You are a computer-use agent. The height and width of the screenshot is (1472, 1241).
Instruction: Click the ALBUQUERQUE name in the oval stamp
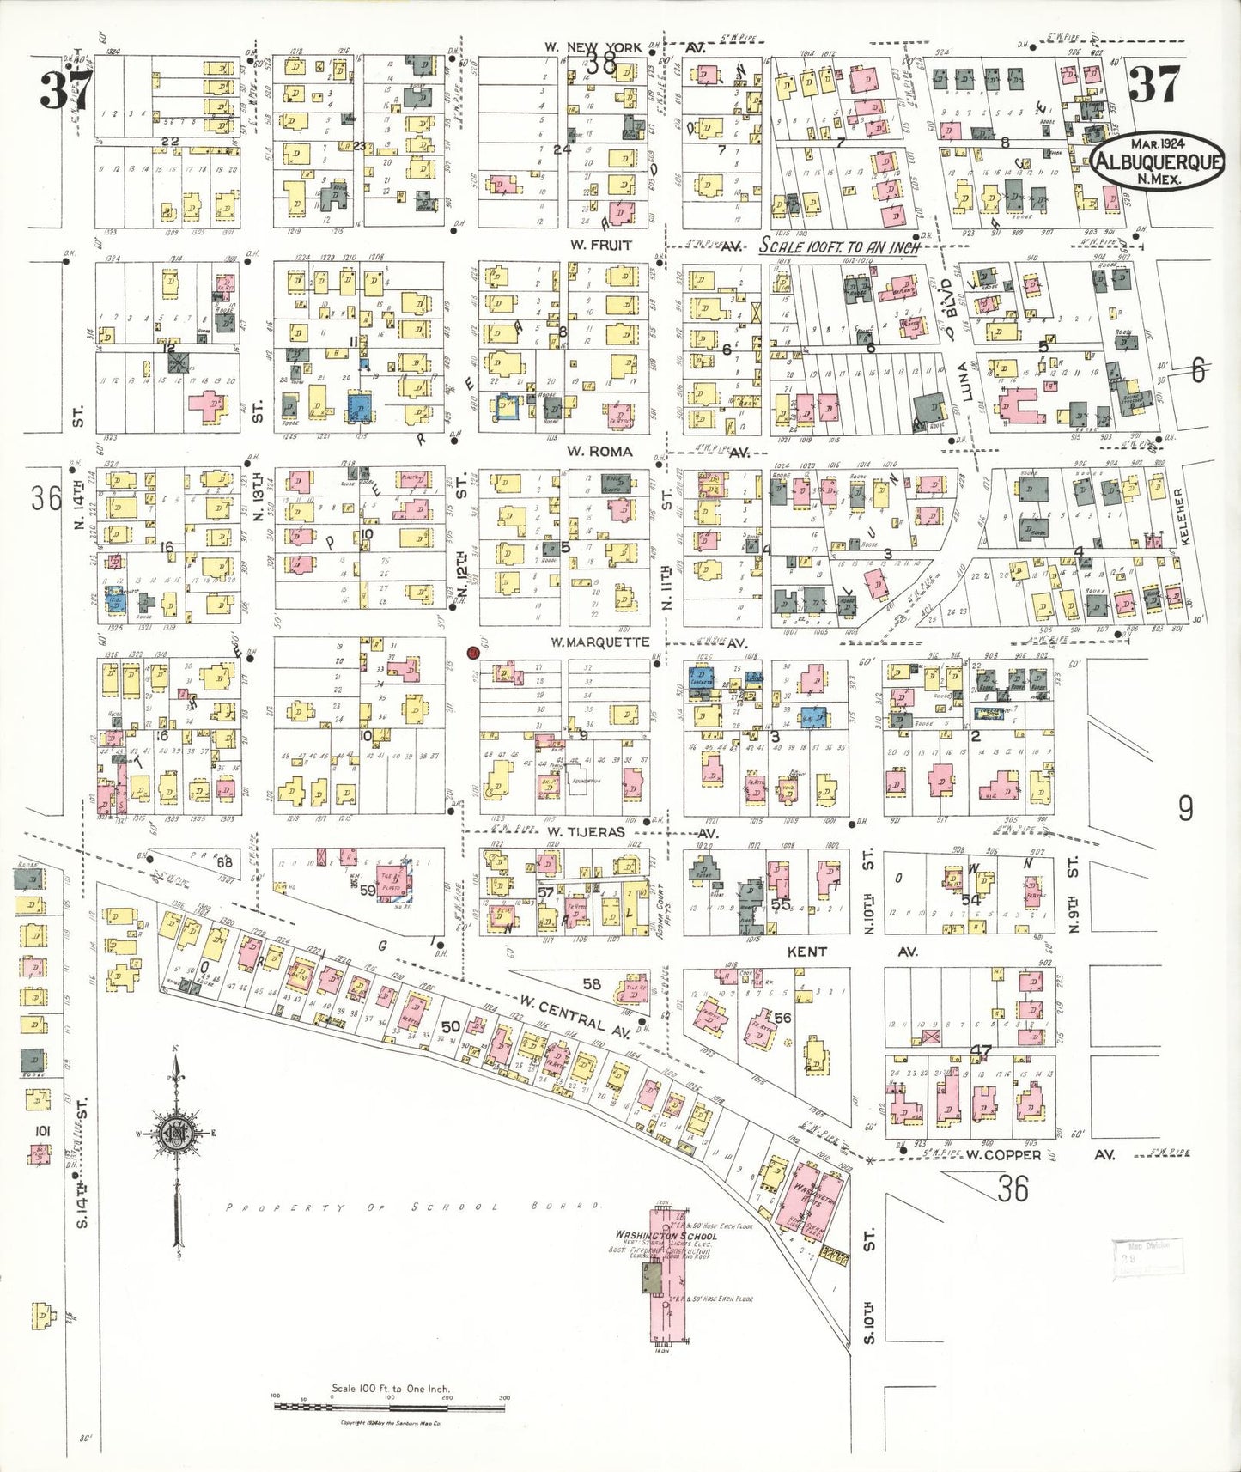coord(1158,161)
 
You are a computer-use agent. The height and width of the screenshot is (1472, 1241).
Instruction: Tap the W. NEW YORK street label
coord(593,47)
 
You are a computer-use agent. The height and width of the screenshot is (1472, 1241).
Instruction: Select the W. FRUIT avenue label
coord(599,246)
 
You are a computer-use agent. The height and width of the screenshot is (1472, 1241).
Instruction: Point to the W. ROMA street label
coord(599,452)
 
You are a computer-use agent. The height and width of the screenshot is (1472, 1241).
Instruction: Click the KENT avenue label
coord(806,952)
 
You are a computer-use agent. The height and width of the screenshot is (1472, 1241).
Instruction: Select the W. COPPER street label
coord(1002,1155)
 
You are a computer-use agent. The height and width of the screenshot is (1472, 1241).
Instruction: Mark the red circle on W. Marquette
coord(471,653)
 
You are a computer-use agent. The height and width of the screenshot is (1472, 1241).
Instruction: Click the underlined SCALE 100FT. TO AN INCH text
coord(839,247)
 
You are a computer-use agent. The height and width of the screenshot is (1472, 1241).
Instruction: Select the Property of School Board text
coord(412,1207)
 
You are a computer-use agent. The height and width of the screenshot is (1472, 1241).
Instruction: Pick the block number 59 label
coord(367,891)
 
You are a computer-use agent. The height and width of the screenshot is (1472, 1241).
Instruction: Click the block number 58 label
coord(592,984)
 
